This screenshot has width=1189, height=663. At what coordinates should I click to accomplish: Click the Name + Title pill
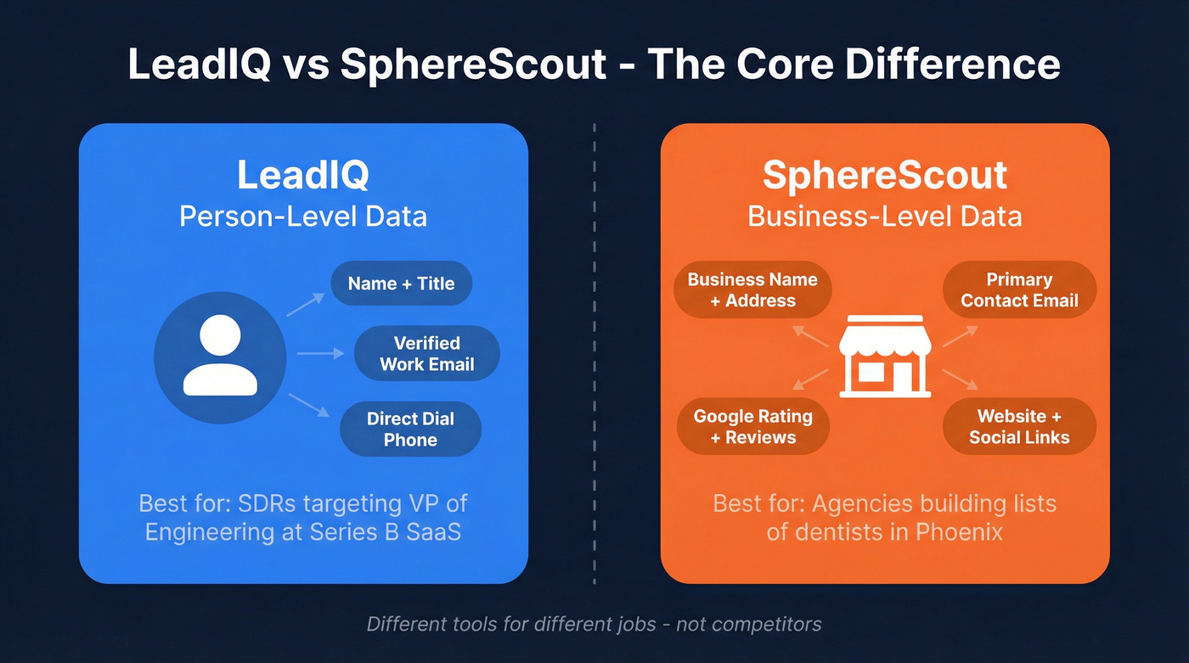click(x=401, y=284)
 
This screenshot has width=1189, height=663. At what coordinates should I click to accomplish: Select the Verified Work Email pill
click(x=426, y=353)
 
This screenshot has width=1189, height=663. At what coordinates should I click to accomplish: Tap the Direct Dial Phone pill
click(x=410, y=429)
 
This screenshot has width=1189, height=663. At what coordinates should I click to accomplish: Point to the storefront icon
click(x=885, y=356)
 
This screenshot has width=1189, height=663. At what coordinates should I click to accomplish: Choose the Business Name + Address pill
click(x=752, y=289)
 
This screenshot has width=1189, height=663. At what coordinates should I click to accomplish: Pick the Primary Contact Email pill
click(x=1019, y=289)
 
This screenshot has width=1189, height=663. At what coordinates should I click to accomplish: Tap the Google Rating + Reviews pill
click(x=752, y=426)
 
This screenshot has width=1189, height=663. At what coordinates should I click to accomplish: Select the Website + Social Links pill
click(x=1019, y=426)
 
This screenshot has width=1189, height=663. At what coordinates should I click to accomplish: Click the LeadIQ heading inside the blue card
click(x=302, y=175)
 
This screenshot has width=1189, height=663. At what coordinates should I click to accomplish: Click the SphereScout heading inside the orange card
click(x=884, y=175)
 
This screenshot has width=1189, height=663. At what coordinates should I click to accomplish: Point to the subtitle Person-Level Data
click(x=302, y=216)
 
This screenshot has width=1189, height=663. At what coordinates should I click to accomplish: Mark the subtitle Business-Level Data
click(x=884, y=216)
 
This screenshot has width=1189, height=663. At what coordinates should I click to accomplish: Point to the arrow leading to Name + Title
click(x=306, y=305)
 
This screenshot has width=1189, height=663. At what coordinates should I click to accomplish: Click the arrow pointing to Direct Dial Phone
click(x=308, y=405)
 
